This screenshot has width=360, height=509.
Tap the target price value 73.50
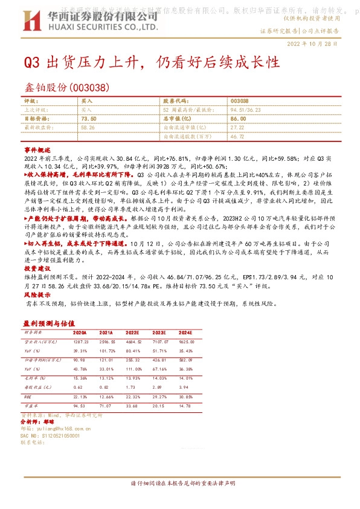88,120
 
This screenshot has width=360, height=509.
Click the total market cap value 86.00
238,120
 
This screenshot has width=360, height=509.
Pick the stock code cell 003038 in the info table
240,101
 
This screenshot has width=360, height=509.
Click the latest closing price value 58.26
88,128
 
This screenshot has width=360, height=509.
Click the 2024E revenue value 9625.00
185,342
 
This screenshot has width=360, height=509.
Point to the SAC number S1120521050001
55,435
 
